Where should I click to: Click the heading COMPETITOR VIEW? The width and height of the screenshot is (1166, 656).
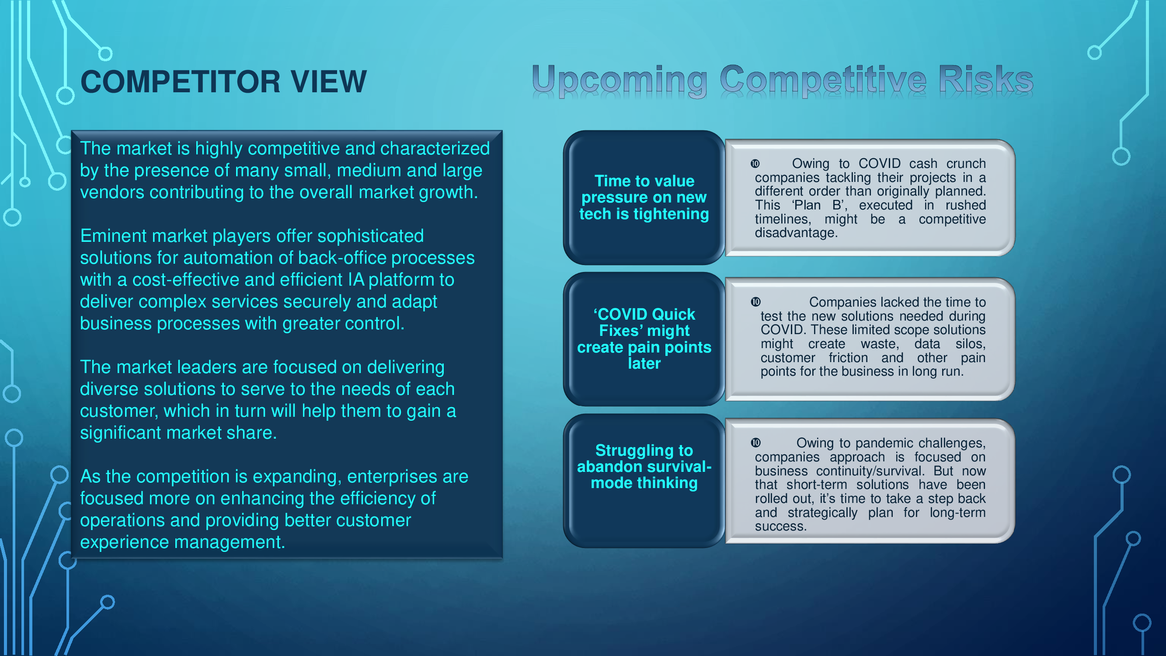[223, 82]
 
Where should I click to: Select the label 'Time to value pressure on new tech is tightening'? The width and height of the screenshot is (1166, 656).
[644, 197]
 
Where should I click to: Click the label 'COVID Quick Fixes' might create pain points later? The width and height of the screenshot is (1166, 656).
[644, 338]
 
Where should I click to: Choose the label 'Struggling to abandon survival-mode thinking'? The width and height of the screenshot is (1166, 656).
[644, 466]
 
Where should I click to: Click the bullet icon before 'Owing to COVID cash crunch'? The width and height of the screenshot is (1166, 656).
[755, 164]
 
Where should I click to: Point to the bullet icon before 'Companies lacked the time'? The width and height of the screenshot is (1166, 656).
[755, 302]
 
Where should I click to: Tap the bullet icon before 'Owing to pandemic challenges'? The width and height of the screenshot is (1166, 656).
[755, 443]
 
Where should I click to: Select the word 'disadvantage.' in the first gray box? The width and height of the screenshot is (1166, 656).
[796, 233]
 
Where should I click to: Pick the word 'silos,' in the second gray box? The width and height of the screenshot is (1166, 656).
[971, 344]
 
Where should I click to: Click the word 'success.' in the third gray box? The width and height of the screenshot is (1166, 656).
[781, 527]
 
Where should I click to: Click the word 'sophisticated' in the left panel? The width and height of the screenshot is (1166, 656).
[370, 236]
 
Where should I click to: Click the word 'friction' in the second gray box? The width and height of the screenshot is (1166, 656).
[848, 358]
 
